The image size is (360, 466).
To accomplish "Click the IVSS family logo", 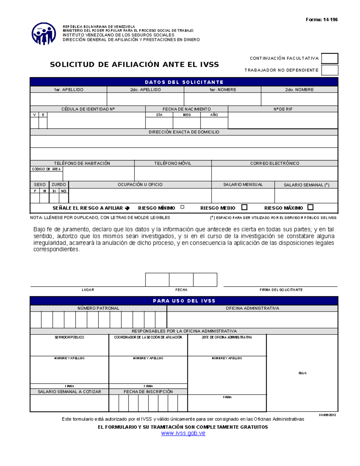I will coord(44,34).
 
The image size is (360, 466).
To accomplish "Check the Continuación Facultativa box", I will coord(329,59).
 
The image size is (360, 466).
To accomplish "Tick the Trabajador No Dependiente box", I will coord(329,70).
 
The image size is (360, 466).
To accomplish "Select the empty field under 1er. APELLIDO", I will coord(68,99).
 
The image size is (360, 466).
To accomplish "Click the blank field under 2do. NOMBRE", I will coord(299,99).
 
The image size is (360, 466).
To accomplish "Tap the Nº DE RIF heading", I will coord(283,109).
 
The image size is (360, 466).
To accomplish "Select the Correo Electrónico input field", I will coord(274,174).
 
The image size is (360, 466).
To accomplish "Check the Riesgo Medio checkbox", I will coord(244,207).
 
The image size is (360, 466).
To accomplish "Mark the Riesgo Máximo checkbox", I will coord(310,207).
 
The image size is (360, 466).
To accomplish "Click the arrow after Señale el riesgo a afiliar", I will coord(127,208).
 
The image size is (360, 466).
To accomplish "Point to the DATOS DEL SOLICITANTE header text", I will coord(184,82).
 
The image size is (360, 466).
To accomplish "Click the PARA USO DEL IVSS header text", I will coord(184,301).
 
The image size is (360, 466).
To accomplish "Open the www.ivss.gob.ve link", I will coord(183,433).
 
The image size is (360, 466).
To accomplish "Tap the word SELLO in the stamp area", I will coord(302,373).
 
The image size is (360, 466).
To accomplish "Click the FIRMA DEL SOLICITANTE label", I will coord(281,290).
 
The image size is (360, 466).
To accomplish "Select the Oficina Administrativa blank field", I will coord(252,320).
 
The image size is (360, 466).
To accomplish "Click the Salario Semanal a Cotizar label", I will coord(69,392).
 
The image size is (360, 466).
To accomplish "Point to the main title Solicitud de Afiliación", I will coord(134,65).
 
